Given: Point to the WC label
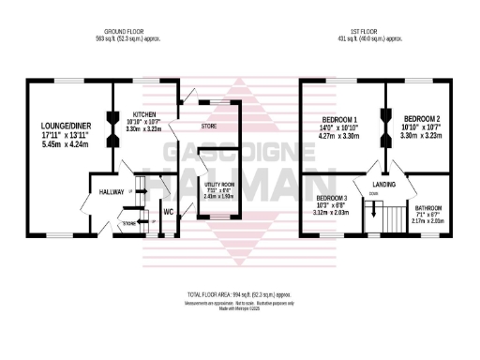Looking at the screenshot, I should pos(168,210).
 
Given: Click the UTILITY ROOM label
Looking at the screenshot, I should pos(221,186).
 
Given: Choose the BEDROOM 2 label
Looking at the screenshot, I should pos(423,119).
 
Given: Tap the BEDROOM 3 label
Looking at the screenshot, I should pos(332,199).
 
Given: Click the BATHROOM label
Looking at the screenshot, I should pos(429,207).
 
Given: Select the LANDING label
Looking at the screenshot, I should pos(385,185).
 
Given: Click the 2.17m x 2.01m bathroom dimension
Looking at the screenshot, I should pos(429,221).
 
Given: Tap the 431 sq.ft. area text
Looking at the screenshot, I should pos(371,37).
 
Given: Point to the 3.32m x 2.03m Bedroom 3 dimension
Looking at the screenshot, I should pos(332,213).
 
